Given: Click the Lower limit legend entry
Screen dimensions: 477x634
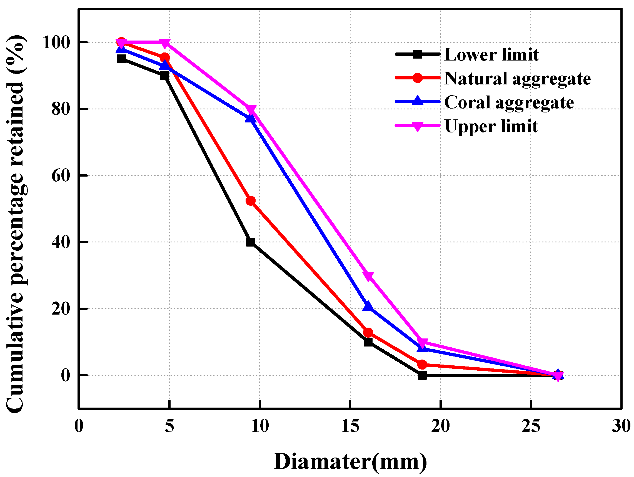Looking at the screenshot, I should point(491,54).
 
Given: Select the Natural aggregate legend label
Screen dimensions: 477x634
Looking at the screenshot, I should point(517,78).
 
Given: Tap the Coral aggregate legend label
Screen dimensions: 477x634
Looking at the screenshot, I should point(509,102).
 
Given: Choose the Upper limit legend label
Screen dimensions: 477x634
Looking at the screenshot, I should point(491,126).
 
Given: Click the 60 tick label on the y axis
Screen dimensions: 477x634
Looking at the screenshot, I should point(61,175).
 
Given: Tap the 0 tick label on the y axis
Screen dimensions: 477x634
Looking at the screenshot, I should point(66,375).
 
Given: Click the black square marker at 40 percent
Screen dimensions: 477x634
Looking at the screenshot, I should point(251,242).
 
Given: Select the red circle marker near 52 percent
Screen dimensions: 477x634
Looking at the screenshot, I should point(251,201).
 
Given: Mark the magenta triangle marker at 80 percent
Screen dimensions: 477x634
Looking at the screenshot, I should point(251,109).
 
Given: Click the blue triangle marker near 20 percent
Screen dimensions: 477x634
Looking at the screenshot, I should point(368,306).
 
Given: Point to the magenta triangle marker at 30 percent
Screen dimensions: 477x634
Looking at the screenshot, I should point(368,276).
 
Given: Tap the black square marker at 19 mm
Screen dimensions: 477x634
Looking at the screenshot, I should point(422,375).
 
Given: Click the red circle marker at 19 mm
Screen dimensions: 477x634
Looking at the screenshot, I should point(422,365).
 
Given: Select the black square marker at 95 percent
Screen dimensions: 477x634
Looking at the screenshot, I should point(121,59).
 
